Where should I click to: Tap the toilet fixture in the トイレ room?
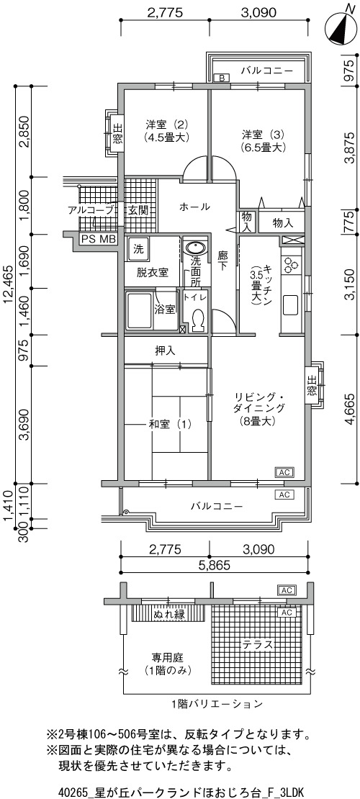pos(197,318)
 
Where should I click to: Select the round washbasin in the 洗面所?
pos(195,248)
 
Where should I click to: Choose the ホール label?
pos(194,207)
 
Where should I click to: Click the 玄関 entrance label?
pos(138,209)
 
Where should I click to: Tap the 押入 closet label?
pos(165,351)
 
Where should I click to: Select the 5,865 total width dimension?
pos(214,564)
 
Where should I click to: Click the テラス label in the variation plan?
pos(257,644)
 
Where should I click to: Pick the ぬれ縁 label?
pos(168,615)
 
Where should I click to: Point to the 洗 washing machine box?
pos(138,250)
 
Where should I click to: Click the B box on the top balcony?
pos(222,78)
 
